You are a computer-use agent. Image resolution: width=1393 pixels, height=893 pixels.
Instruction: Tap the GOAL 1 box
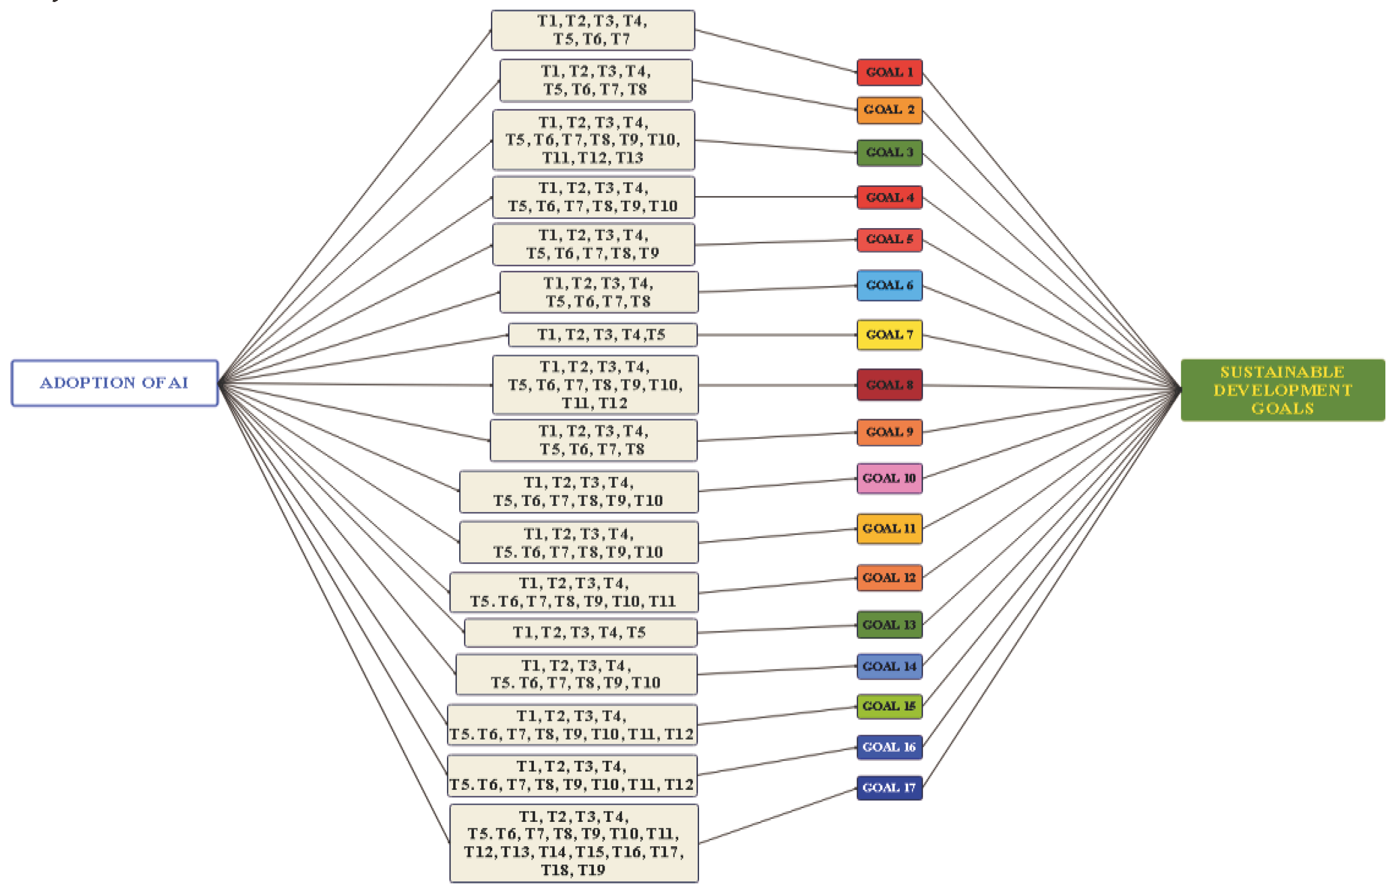pos(889,73)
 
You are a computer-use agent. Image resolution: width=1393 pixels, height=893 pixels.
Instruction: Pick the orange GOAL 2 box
pos(889,110)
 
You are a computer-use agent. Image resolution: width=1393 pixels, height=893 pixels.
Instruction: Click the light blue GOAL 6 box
pos(889,285)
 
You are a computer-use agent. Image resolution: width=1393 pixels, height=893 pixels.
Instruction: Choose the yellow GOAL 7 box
pos(889,335)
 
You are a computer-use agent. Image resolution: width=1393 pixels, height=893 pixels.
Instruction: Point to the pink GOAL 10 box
pos(889,479)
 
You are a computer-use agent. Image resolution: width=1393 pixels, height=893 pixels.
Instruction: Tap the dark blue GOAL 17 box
pos(889,787)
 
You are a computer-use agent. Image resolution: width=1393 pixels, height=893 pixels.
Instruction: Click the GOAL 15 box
pos(889,706)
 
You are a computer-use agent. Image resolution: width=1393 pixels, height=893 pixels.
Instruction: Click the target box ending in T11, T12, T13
pos(593,140)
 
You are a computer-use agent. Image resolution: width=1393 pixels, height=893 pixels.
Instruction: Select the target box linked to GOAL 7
pos(603,335)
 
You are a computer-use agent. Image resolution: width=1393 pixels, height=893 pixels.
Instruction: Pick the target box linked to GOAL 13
pos(580,632)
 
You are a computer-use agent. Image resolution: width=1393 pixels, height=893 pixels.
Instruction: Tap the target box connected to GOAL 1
pos(593,30)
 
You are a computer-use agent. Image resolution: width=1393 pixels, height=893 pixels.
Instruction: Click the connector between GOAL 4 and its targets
pos(776,197)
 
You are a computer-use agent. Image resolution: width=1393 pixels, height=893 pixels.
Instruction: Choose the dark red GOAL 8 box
pos(889,385)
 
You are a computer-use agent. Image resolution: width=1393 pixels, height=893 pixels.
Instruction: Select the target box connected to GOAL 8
pos(595,385)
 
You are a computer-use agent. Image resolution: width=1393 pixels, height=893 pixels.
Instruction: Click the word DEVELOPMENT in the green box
pos(1282,390)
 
